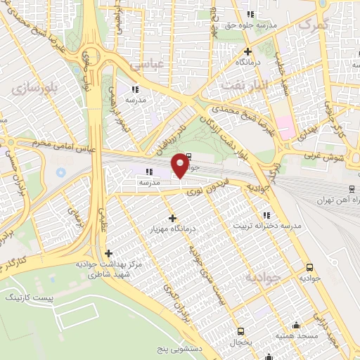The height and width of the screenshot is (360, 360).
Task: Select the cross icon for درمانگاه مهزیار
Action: click(172, 219)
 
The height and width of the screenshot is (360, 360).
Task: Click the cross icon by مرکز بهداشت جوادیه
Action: click(108, 253)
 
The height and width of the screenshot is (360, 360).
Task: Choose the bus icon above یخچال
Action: click(241, 331)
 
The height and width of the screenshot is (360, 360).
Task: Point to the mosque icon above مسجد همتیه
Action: click(296, 325)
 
